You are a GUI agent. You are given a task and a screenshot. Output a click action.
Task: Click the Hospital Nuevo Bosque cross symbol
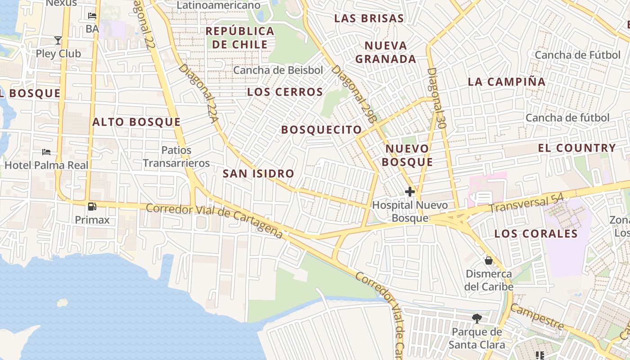click(x=409, y=192)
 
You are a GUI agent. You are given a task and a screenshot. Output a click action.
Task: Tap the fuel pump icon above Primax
click(x=92, y=207)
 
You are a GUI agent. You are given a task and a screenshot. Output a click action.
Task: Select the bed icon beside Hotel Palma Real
click(x=46, y=152)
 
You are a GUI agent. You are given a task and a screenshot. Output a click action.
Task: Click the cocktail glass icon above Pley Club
click(x=58, y=40)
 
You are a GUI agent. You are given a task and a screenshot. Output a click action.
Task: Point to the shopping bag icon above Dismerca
click(x=488, y=261)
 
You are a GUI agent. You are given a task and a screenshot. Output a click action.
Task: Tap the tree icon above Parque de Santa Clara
click(x=477, y=319)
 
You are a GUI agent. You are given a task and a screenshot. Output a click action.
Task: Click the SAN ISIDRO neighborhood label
click(x=258, y=173)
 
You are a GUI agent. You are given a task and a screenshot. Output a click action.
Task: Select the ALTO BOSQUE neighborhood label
click(x=136, y=122)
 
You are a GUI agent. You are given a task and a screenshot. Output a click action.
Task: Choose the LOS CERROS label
click(x=285, y=92)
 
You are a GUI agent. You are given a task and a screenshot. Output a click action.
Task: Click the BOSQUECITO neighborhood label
click(x=321, y=130)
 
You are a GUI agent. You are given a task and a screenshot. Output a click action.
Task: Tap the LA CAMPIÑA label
click(x=506, y=82)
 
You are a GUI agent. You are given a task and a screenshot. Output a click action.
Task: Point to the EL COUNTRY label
click(x=577, y=148)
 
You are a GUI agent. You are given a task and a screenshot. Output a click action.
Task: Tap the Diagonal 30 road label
click(x=436, y=98)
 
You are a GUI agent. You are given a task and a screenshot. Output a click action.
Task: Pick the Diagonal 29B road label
click(x=353, y=94)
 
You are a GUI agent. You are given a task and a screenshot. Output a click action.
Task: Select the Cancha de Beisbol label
click(x=278, y=70)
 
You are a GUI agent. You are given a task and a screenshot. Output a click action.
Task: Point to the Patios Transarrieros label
click(x=176, y=157)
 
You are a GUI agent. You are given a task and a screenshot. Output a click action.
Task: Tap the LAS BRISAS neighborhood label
click(x=369, y=18)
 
